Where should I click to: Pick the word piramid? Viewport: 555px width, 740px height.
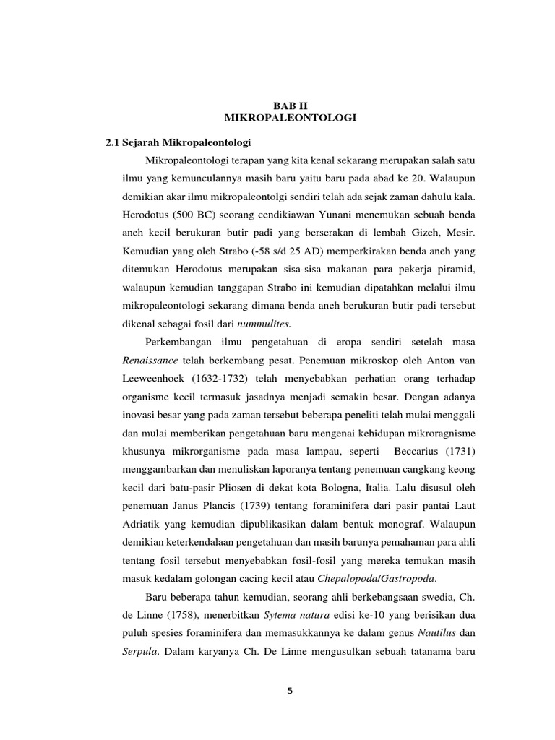coord(463,272)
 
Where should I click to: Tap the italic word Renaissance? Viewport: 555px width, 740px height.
coord(150,359)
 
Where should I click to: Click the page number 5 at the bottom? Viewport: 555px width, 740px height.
coord(290,692)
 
